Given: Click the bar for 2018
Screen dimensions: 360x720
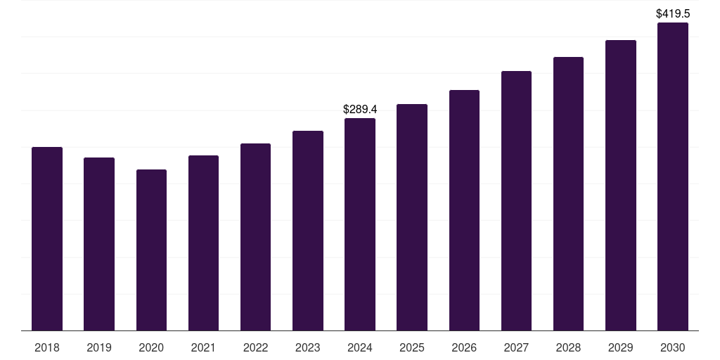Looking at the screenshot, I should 47,239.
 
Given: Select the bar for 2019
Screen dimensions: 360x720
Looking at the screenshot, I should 99,244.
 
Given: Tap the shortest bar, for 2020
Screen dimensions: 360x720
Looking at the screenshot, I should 151,250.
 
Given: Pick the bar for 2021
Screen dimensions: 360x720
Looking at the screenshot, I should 203,243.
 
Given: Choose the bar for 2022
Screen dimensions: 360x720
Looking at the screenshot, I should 255,237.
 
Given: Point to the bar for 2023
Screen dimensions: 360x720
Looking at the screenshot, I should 308,231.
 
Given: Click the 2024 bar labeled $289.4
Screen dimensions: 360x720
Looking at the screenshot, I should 360,224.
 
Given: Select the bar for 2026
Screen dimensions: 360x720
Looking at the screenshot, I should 464,210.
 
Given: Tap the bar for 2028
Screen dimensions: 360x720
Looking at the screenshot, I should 568,194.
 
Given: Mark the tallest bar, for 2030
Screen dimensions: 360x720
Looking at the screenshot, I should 673,176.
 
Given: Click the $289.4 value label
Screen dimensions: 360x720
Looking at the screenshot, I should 360,110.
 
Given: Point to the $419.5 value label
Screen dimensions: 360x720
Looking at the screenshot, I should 673,13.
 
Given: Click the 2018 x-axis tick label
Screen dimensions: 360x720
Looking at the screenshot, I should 47,347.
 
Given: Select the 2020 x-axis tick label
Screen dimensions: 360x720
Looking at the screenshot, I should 151,347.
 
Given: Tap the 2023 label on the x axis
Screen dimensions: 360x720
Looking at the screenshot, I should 308,347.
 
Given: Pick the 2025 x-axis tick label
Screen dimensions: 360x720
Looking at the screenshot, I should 412,347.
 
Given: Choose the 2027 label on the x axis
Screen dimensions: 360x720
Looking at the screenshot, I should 516,347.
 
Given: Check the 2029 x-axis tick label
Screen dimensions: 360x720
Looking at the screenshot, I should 621,347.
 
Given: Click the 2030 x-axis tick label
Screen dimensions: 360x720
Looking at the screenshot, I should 673,347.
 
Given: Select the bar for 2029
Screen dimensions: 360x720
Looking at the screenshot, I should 621,186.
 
